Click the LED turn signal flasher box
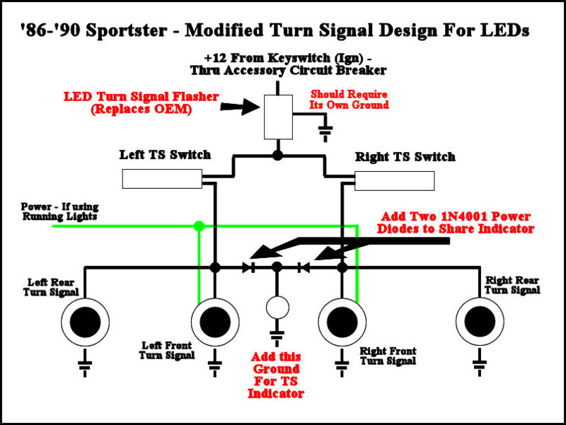point(277,117)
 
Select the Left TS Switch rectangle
point(161,179)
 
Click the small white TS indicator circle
point(277,307)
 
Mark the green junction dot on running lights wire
point(199,226)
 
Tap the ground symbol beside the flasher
point(325,132)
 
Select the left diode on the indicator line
point(248,268)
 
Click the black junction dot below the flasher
point(277,153)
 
